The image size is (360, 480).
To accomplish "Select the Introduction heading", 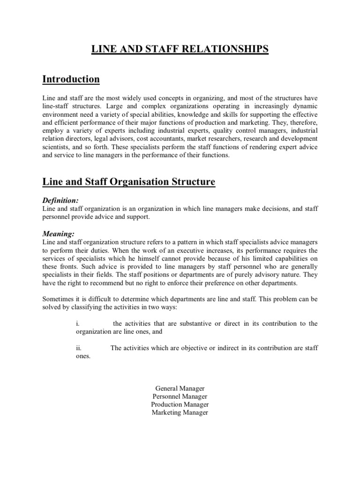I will [x=71, y=79].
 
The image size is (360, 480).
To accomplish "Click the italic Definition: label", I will [x=61, y=200].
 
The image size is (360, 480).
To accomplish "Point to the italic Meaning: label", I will [x=59, y=233].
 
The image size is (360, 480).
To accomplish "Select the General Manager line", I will [x=180, y=389].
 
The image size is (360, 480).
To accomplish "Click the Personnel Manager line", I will [x=180, y=397].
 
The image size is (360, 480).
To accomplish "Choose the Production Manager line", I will [x=180, y=405].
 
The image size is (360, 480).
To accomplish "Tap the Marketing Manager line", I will [x=180, y=412].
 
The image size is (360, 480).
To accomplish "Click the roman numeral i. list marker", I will [x=78, y=324].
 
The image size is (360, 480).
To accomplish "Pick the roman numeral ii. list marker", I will [x=79, y=347].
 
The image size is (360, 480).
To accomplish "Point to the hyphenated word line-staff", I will [x=57, y=105].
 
